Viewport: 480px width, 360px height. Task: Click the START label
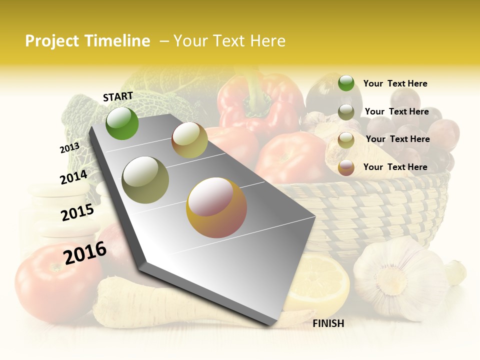click(x=118, y=96)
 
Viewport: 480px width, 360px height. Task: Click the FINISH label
click(x=328, y=323)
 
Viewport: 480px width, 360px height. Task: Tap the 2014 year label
click(x=73, y=177)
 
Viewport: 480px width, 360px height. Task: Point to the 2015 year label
click(x=77, y=212)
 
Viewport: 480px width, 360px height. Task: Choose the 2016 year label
click(x=85, y=252)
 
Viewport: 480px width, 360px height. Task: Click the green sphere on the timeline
click(x=122, y=123)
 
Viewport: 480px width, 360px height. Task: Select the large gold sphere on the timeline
click(x=216, y=207)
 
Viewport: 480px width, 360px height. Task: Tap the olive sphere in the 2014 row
click(x=145, y=179)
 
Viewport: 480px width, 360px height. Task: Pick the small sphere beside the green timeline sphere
click(x=189, y=140)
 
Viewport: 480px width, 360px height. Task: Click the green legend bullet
click(x=346, y=83)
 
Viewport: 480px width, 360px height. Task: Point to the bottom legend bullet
click(x=346, y=167)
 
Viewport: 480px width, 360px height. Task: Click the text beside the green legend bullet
click(x=395, y=83)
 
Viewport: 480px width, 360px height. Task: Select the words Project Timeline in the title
click(x=87, y=41)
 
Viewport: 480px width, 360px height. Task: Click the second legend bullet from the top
click(x=346, y=112)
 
